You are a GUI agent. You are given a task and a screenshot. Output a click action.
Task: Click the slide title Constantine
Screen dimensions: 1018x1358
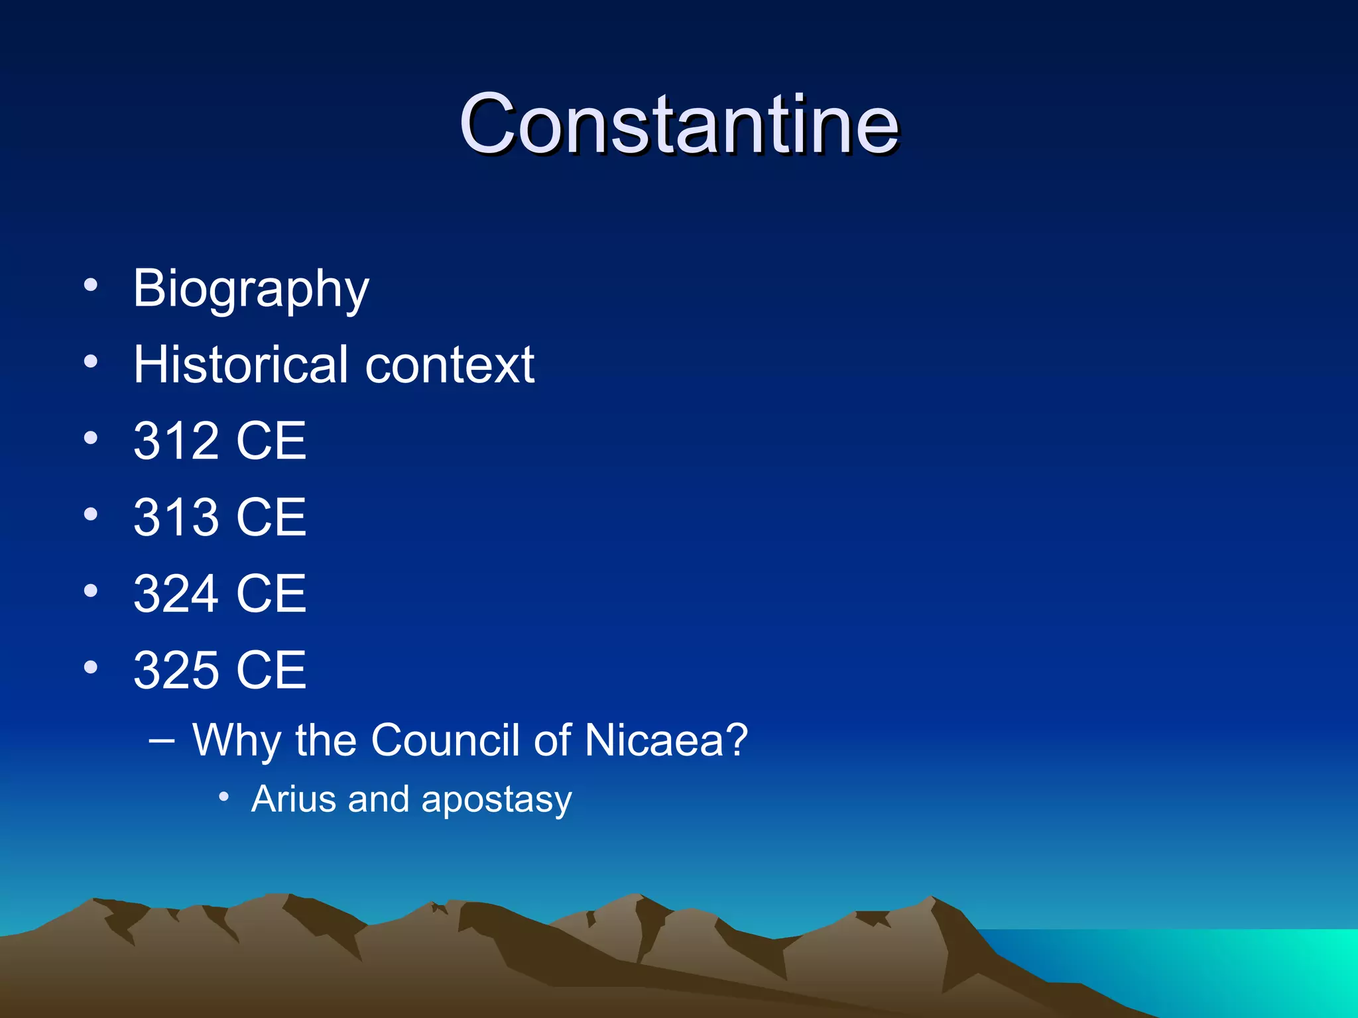tap(678, 124)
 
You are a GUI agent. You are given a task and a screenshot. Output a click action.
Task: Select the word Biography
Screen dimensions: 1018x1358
tap(251, 289)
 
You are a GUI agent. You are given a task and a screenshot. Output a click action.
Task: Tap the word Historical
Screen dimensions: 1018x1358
tap(240, 365)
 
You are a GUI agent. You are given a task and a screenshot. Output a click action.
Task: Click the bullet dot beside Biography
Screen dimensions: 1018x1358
tap(91, 286)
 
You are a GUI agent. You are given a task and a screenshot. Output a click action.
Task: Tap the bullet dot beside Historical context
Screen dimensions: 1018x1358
tap(91, 362)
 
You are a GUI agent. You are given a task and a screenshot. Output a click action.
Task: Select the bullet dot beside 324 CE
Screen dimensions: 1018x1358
tap(91, 591)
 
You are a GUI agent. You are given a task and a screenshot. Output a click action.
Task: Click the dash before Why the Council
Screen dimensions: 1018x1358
tap(162, 740)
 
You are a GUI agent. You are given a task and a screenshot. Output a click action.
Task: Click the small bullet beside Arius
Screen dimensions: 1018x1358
tap(224, 797)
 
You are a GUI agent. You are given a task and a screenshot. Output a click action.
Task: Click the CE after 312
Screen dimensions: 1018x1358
tap(271, 441)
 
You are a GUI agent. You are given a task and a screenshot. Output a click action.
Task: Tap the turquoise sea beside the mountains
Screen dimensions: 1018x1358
tap(1227, 968)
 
